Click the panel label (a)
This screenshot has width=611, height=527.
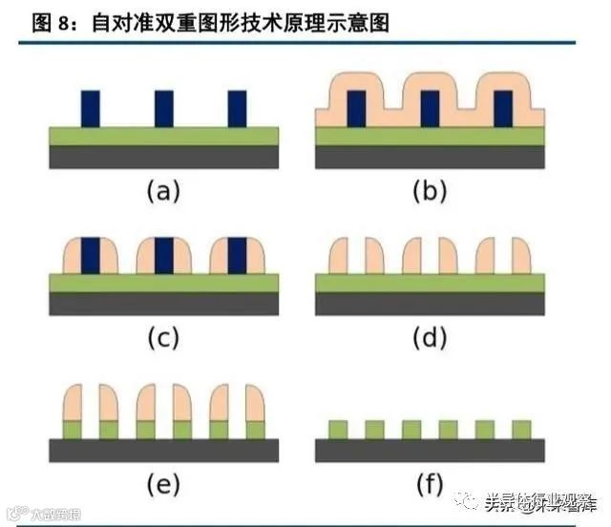[162, 192]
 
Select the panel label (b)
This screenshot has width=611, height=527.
[430, 192]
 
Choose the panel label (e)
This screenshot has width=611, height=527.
[162, 486]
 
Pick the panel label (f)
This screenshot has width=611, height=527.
[430, 486]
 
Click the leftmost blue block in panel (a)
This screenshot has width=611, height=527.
[91, 108]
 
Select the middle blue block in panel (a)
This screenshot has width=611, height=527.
[164, 108]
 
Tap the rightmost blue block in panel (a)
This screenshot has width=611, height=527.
[237, 108]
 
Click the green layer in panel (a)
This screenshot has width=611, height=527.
[163, 136]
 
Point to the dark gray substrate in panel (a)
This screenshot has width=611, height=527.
[163, 157]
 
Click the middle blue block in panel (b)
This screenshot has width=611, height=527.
[430, 108]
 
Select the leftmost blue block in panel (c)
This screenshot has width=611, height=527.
[91, 255]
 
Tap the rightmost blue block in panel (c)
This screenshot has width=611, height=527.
[237, 255]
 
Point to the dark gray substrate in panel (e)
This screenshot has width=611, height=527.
[163, 450]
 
